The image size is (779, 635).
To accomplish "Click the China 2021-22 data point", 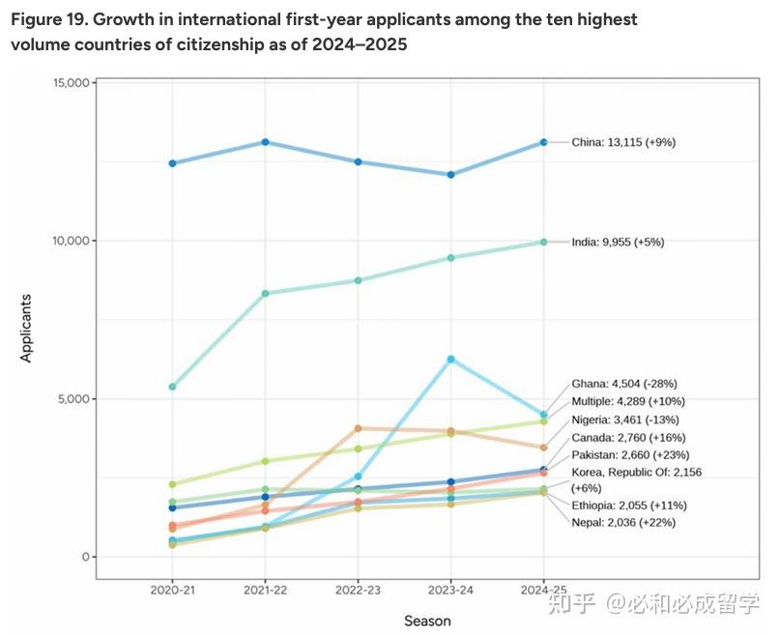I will pos(265,142).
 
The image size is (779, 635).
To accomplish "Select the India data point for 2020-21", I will pos(172,387).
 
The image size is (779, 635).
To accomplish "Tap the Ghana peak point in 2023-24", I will pos(450,359).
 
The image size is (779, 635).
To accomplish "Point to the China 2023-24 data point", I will pos(450,175).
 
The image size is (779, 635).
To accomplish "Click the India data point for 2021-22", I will pos(265,293).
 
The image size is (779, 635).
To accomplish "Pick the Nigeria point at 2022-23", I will pos(358,428).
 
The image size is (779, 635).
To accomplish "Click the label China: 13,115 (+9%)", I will pos(622,142).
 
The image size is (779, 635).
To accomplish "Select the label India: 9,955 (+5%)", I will pos(618,242).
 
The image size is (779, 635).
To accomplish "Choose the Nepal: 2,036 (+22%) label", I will pos(623,523).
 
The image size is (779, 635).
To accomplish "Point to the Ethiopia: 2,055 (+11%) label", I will pos(629,505).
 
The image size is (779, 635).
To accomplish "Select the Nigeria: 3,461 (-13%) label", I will pos(624,419).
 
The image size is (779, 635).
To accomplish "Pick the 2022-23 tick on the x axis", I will pos(358,589).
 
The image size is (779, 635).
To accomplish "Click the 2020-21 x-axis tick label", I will pos(172,589).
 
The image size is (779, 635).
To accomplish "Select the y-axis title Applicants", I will pos(26,328).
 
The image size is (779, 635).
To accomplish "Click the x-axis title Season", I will pos(426,621).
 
